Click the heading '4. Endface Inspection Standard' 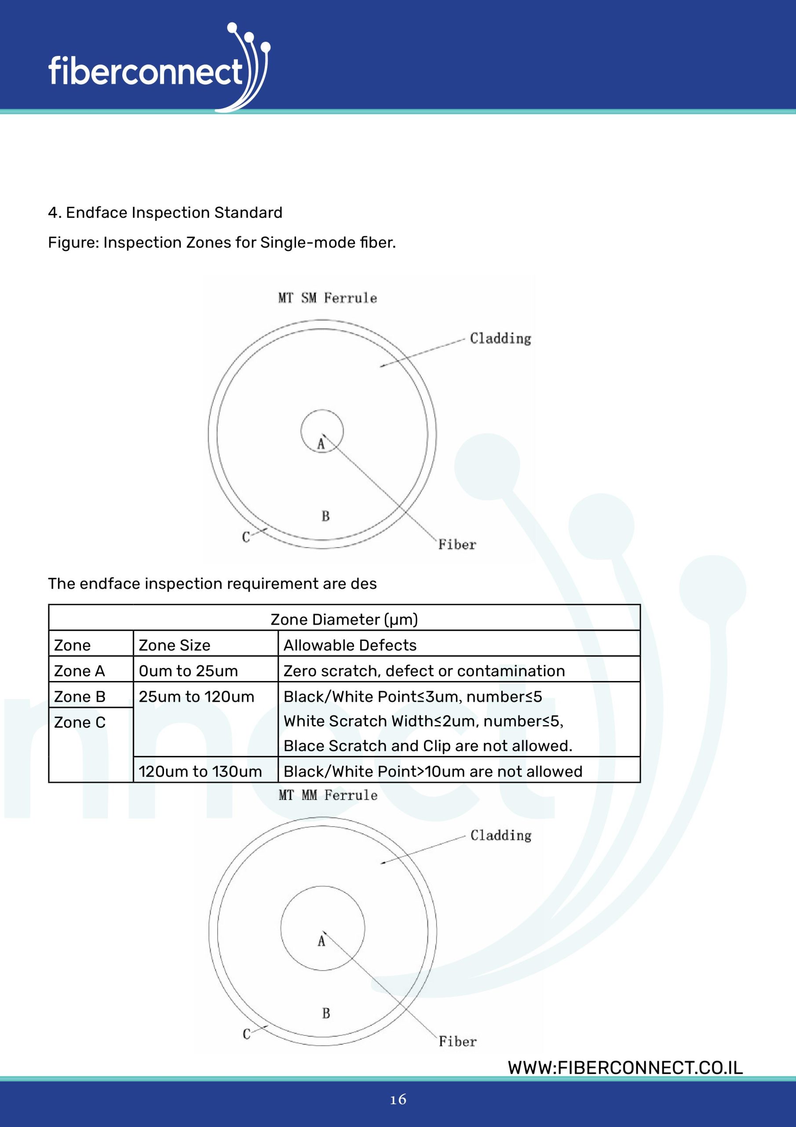tap(165, 213)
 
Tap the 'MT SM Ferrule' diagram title tap(327, 298)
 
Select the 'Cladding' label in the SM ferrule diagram tap(500, 338)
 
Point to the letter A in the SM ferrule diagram tap(321, 444)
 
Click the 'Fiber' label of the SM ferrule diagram tap(457, 545)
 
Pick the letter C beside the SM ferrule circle tap(246, 537)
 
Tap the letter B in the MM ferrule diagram tap(326, 1013)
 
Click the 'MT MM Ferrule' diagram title tap(328, 795)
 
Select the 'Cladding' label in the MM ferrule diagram tap(501, 836)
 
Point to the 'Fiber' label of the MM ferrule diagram tap(457, 1042)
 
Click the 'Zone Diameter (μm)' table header tap(344, 619)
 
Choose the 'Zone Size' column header tap(174, 645)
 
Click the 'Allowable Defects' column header tap(350, 645)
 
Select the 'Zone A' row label tap(80, 670)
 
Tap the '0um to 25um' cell tap(188, 670)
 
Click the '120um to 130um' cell tap(200, 771)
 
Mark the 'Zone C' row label tap(80, 722)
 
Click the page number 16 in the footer tap(398, 1100)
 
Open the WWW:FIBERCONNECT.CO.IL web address tap(625, 1068)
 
